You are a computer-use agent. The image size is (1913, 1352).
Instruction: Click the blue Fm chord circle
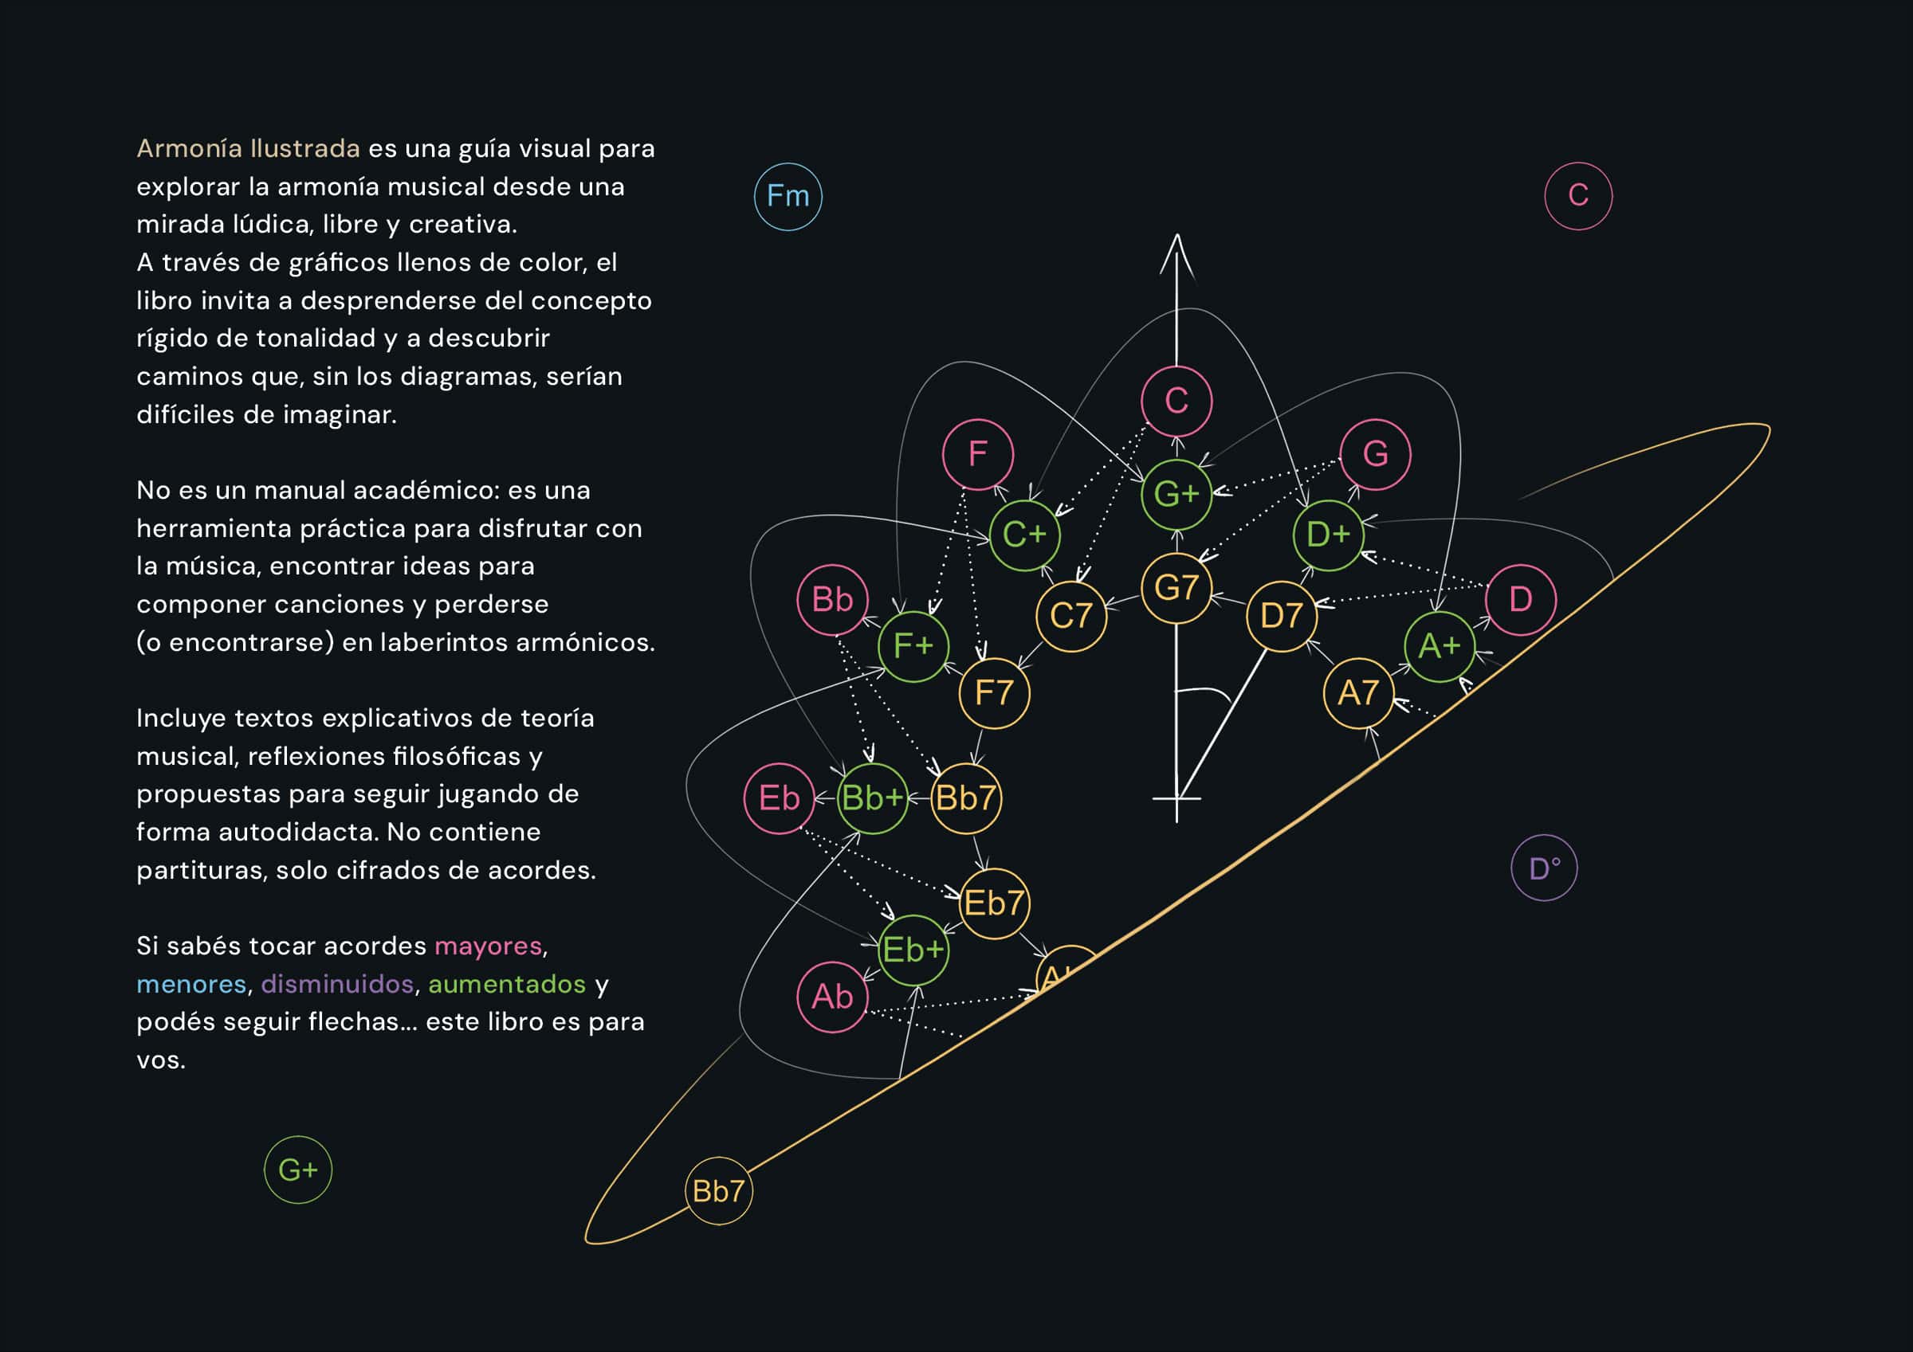(788, 197)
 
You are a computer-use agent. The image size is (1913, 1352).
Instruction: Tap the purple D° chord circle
(1544, 868)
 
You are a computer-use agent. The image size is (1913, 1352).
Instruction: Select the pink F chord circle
(977, 454)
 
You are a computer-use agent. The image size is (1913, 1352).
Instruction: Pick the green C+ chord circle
(1024, 535)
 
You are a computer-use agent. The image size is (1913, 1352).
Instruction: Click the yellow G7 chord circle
(1176, 588)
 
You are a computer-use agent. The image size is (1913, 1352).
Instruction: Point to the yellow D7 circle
(1282, 616)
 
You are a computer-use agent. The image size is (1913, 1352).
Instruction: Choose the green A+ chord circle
(1439, 645)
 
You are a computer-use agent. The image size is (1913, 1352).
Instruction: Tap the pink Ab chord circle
(832, 997)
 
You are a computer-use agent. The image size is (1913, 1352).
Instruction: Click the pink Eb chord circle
(779, 798)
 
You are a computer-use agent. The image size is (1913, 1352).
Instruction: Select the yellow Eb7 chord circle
(994, 903)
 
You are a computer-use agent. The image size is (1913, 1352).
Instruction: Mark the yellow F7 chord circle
(994, 693)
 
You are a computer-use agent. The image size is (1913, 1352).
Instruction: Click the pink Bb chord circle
(832, 600)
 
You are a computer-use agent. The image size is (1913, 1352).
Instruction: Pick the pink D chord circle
(1521, 600)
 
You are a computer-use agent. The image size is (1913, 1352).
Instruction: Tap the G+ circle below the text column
(297, 1170)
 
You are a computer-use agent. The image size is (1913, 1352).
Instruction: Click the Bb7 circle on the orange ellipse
(718, 1191)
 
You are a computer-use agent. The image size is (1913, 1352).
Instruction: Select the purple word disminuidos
(337, 984)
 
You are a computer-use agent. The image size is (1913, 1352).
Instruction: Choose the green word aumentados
(507, 984)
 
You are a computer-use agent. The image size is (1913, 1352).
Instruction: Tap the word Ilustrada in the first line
(305, 148)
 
